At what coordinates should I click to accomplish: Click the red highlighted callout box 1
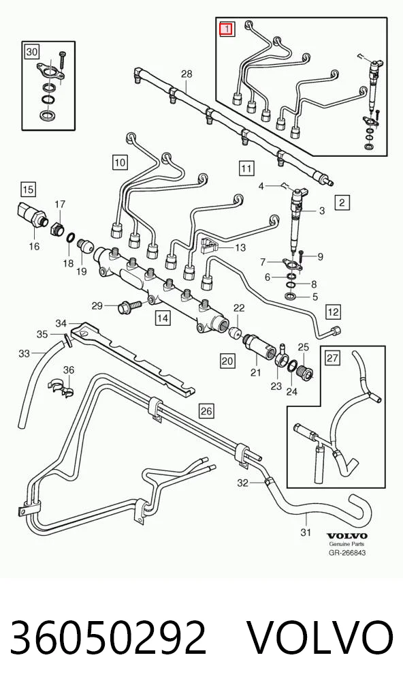tap(226, 29)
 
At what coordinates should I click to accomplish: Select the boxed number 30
tap(31, 52)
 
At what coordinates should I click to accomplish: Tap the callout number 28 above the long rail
tap(187, 74)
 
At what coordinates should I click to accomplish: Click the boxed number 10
tap(120, 162)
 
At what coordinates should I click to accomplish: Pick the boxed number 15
tap(28, 190)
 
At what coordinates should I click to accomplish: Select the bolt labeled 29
tap(129, 305)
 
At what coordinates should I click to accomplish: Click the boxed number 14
tap(162, 318)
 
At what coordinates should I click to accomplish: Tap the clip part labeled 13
tap(210, 246)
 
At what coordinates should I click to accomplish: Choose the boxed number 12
tap(333, 312)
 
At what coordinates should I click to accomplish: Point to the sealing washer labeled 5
tap(290, 296)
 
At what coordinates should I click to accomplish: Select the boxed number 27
tap(333, 358)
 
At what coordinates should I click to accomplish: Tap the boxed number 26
tap(206, 411)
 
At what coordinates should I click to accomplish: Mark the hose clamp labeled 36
tap(61, 387)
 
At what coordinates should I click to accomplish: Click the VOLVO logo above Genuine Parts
tap(347, 537)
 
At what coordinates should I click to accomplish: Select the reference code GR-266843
tap(347, 552)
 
